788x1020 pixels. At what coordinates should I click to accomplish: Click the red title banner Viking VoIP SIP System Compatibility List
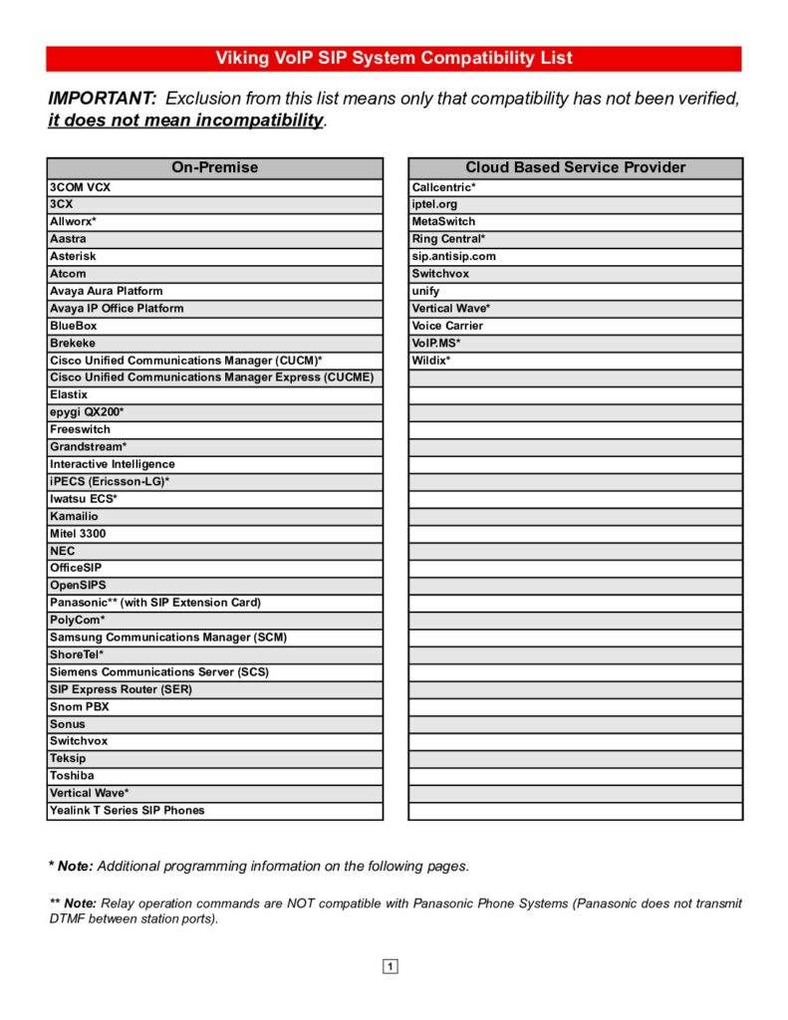(394, 58)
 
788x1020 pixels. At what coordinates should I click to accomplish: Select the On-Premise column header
(214, 167)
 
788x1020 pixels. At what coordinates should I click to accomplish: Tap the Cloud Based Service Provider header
(575, 167)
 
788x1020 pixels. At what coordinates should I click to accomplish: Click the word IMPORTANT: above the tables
(103, 99)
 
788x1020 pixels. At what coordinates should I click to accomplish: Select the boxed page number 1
(391, 966)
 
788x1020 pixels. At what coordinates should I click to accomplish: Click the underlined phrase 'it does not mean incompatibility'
(186, 122)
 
